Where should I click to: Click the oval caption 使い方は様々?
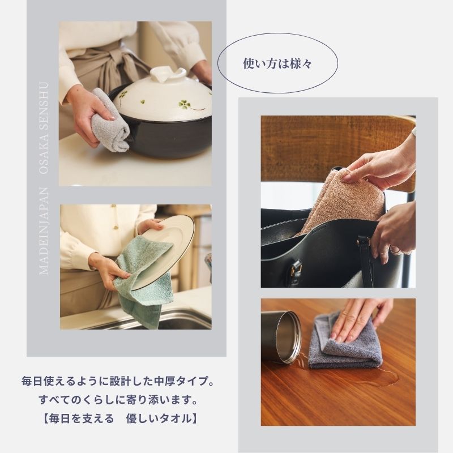(277, 63)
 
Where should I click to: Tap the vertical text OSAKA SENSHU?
(44, 128)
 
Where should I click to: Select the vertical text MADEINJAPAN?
(44, 230)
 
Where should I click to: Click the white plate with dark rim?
(164, 251)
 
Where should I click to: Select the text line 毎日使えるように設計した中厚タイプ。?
(118, 381)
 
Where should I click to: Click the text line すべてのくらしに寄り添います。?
(118, 400)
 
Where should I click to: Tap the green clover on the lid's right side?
(186, 104)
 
